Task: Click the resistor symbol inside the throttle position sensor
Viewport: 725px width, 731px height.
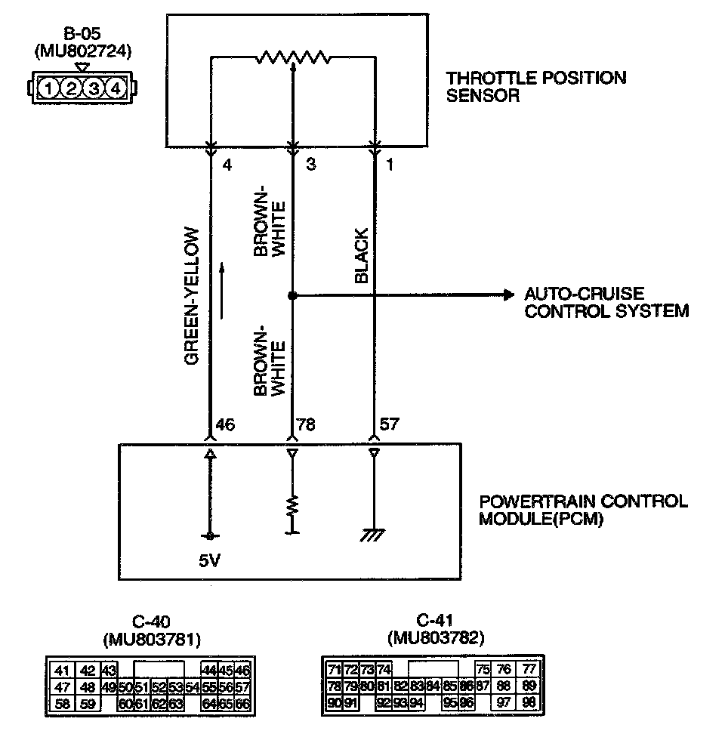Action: tap(293, 57)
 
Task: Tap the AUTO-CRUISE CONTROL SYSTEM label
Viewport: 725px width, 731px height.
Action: tap(606, 302)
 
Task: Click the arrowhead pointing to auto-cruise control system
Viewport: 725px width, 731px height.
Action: tap(507, 295)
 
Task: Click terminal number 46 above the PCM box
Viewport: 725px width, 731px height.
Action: tap(225, 425)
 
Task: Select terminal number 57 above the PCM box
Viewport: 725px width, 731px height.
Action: tap(389, 424)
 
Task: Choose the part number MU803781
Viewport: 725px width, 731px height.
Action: tap(150, 640)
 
